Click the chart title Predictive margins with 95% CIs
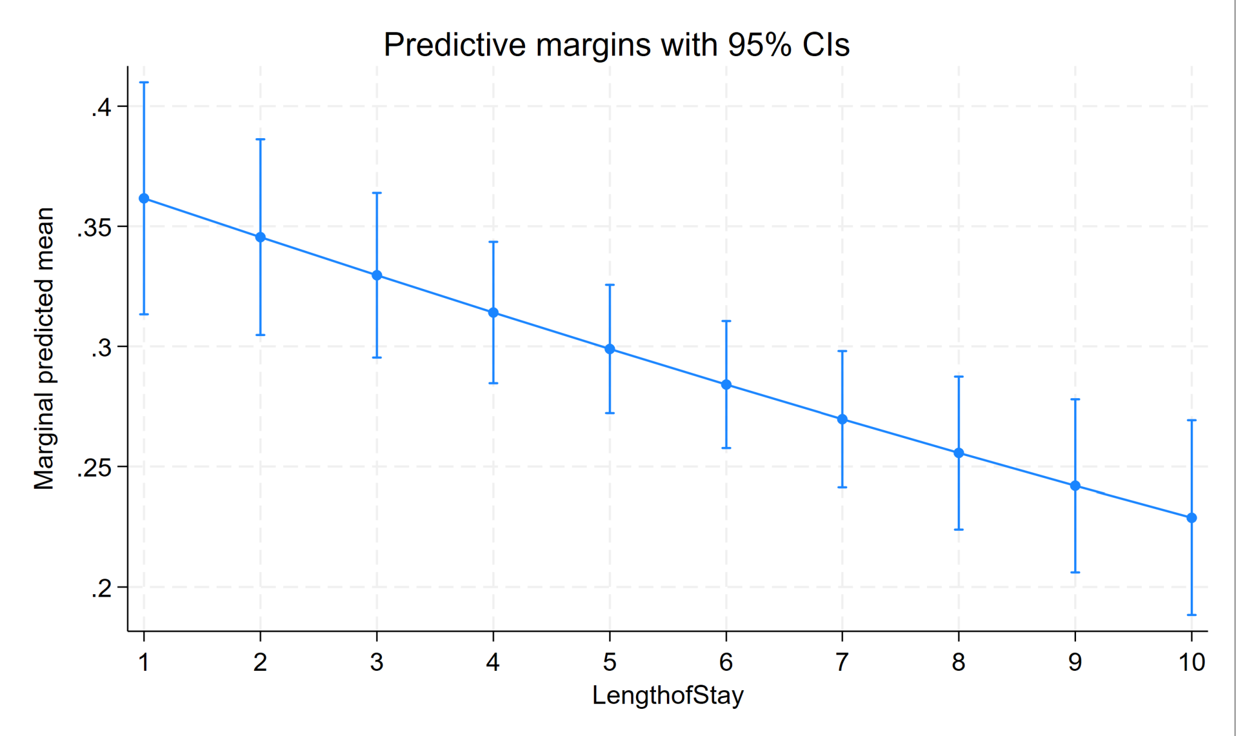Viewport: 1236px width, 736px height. click(x=616, y=45)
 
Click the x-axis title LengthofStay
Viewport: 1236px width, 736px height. click(x=667, y=696)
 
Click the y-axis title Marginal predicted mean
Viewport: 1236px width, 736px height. click(x=44, y=348)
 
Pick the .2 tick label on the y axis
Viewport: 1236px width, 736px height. click(x=101, y=588)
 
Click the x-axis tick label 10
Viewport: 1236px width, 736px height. click(x=1191, y=662)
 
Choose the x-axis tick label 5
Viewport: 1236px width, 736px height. click(x=610, y=662)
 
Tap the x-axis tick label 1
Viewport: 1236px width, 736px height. click(x=144, y=662)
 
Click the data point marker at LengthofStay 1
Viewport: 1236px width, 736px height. click(x=144, y=198)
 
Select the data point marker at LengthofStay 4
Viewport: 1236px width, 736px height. click(x=493, y=312)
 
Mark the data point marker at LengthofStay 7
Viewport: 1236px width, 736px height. click(x=843, y=419)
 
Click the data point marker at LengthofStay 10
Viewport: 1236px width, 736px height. click(x=1191, y=518)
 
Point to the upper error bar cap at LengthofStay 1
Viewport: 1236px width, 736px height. click(x=144, y=83)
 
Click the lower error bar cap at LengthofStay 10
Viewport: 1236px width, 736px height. click(x=1191, y=615)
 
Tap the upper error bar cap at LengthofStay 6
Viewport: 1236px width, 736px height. click(x=726, y=321)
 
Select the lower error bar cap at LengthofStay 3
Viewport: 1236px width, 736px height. click(x=377, y=358)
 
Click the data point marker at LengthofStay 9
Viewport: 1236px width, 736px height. click(x=1075, y=486)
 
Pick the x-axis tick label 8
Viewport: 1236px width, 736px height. click(x=958, y=662)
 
